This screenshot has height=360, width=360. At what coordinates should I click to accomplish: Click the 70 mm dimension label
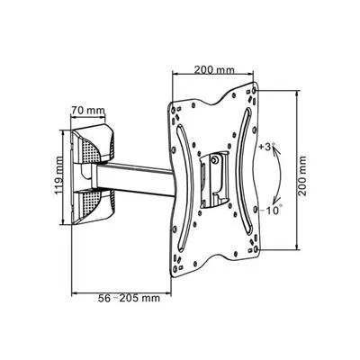click(x=88, y=110)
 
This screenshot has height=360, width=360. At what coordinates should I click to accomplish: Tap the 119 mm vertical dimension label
click(x=59, y=175)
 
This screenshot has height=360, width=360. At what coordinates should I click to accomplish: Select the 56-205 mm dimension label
click(x=129, y=299)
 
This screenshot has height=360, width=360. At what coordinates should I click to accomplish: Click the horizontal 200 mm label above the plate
click(x=214, y=69)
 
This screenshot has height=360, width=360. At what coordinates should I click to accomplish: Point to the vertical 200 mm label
click(x=302, y=175)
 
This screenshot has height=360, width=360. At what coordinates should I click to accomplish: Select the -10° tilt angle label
click(x=270, y=211)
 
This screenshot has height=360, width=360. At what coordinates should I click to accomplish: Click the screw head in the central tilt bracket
click(x=215, y=159)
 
